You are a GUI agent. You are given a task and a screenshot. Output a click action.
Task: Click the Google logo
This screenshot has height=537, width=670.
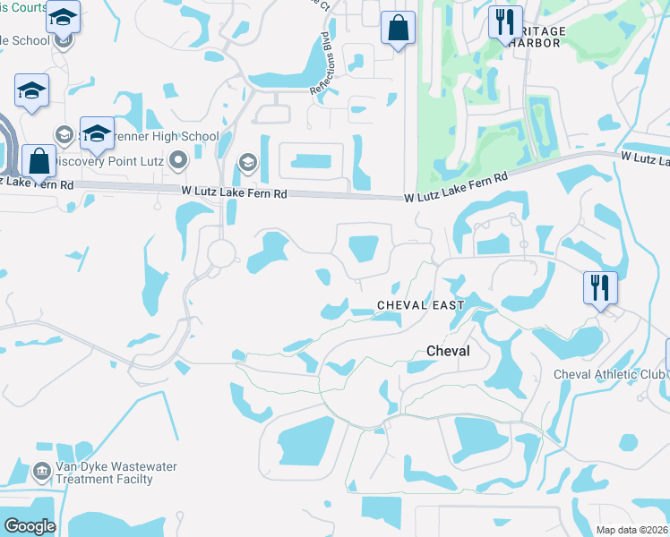(x=29, y=526)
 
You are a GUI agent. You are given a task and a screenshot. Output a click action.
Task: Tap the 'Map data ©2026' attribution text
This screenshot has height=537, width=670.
(x=632, y=530)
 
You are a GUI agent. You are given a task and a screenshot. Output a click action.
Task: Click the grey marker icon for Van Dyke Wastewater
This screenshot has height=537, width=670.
(x=40, y=471)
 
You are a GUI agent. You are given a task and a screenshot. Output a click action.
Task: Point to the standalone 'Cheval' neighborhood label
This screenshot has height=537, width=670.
(x=447, y=352)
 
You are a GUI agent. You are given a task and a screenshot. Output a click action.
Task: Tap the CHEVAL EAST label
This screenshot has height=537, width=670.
(x=421, y=305)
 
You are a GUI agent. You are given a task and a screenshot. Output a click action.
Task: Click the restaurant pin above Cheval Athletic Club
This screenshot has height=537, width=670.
(x=598, y=288)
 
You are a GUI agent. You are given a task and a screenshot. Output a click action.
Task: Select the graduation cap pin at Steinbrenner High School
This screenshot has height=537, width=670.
(x=96, y=133)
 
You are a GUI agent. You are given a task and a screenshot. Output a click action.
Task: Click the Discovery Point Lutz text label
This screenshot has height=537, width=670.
(x=111, y=162)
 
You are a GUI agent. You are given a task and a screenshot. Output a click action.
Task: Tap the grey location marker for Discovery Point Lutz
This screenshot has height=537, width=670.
(x=178, y=161)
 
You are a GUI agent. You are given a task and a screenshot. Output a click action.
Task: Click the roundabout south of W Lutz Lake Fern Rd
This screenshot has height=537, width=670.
(x=219, y=253)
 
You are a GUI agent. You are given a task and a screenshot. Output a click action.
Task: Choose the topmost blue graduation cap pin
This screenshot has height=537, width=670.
(x=63, y=16)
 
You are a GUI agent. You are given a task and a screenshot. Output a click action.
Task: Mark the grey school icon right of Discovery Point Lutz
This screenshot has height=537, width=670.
(x=247, y=162)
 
